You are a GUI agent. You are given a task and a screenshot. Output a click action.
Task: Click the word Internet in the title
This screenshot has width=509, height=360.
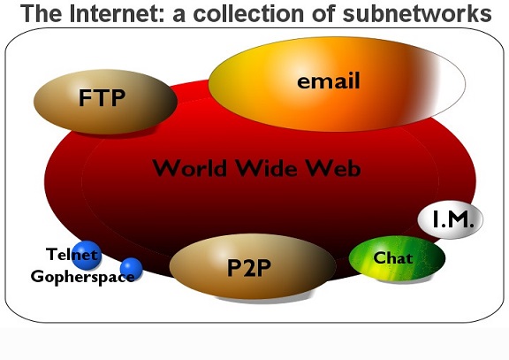[x=117, y=13]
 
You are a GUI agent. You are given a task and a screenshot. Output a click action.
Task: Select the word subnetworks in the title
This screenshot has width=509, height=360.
[x=417, y=13]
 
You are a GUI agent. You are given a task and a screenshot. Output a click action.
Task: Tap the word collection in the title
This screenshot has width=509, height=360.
[x=248, y=13]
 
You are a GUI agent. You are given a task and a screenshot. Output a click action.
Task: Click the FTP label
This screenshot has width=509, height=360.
[x=102, y=97]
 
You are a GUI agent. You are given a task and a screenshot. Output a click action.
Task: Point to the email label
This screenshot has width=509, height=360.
[x=329, y=80]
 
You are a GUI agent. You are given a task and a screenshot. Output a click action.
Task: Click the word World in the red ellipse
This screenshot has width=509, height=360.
[x=189, y=168]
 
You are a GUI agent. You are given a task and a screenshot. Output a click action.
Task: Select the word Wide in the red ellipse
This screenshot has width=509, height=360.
[x=266, y=168]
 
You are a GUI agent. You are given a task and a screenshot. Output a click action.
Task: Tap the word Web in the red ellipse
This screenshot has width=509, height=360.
[x=334, y=168]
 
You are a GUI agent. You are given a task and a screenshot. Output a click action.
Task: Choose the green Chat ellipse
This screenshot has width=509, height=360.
[x=397, y=258]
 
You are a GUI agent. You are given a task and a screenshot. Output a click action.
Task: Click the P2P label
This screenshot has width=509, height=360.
[x=248, y=268]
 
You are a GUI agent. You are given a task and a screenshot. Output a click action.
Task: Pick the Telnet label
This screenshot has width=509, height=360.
[x=72, y=254]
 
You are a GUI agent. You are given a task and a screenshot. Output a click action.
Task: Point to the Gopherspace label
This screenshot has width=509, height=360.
[x=83, y=277]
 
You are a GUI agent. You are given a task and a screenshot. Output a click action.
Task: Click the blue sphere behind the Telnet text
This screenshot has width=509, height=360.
[x=87, y=256]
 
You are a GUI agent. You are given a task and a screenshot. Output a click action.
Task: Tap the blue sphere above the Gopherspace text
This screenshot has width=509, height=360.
[x=131, y=269]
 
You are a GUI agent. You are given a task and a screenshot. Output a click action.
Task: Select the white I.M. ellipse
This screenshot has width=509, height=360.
[x=451, y=219]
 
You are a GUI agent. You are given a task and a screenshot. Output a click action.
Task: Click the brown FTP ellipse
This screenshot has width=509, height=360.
[x=105, y=102]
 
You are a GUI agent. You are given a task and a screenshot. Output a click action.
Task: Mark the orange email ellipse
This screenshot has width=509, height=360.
[x=337, y=84]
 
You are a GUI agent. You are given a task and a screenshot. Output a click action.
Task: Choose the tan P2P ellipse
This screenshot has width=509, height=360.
[x=253, y=266]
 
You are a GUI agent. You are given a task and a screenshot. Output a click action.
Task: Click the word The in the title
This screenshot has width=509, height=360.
[x=41, y=13]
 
